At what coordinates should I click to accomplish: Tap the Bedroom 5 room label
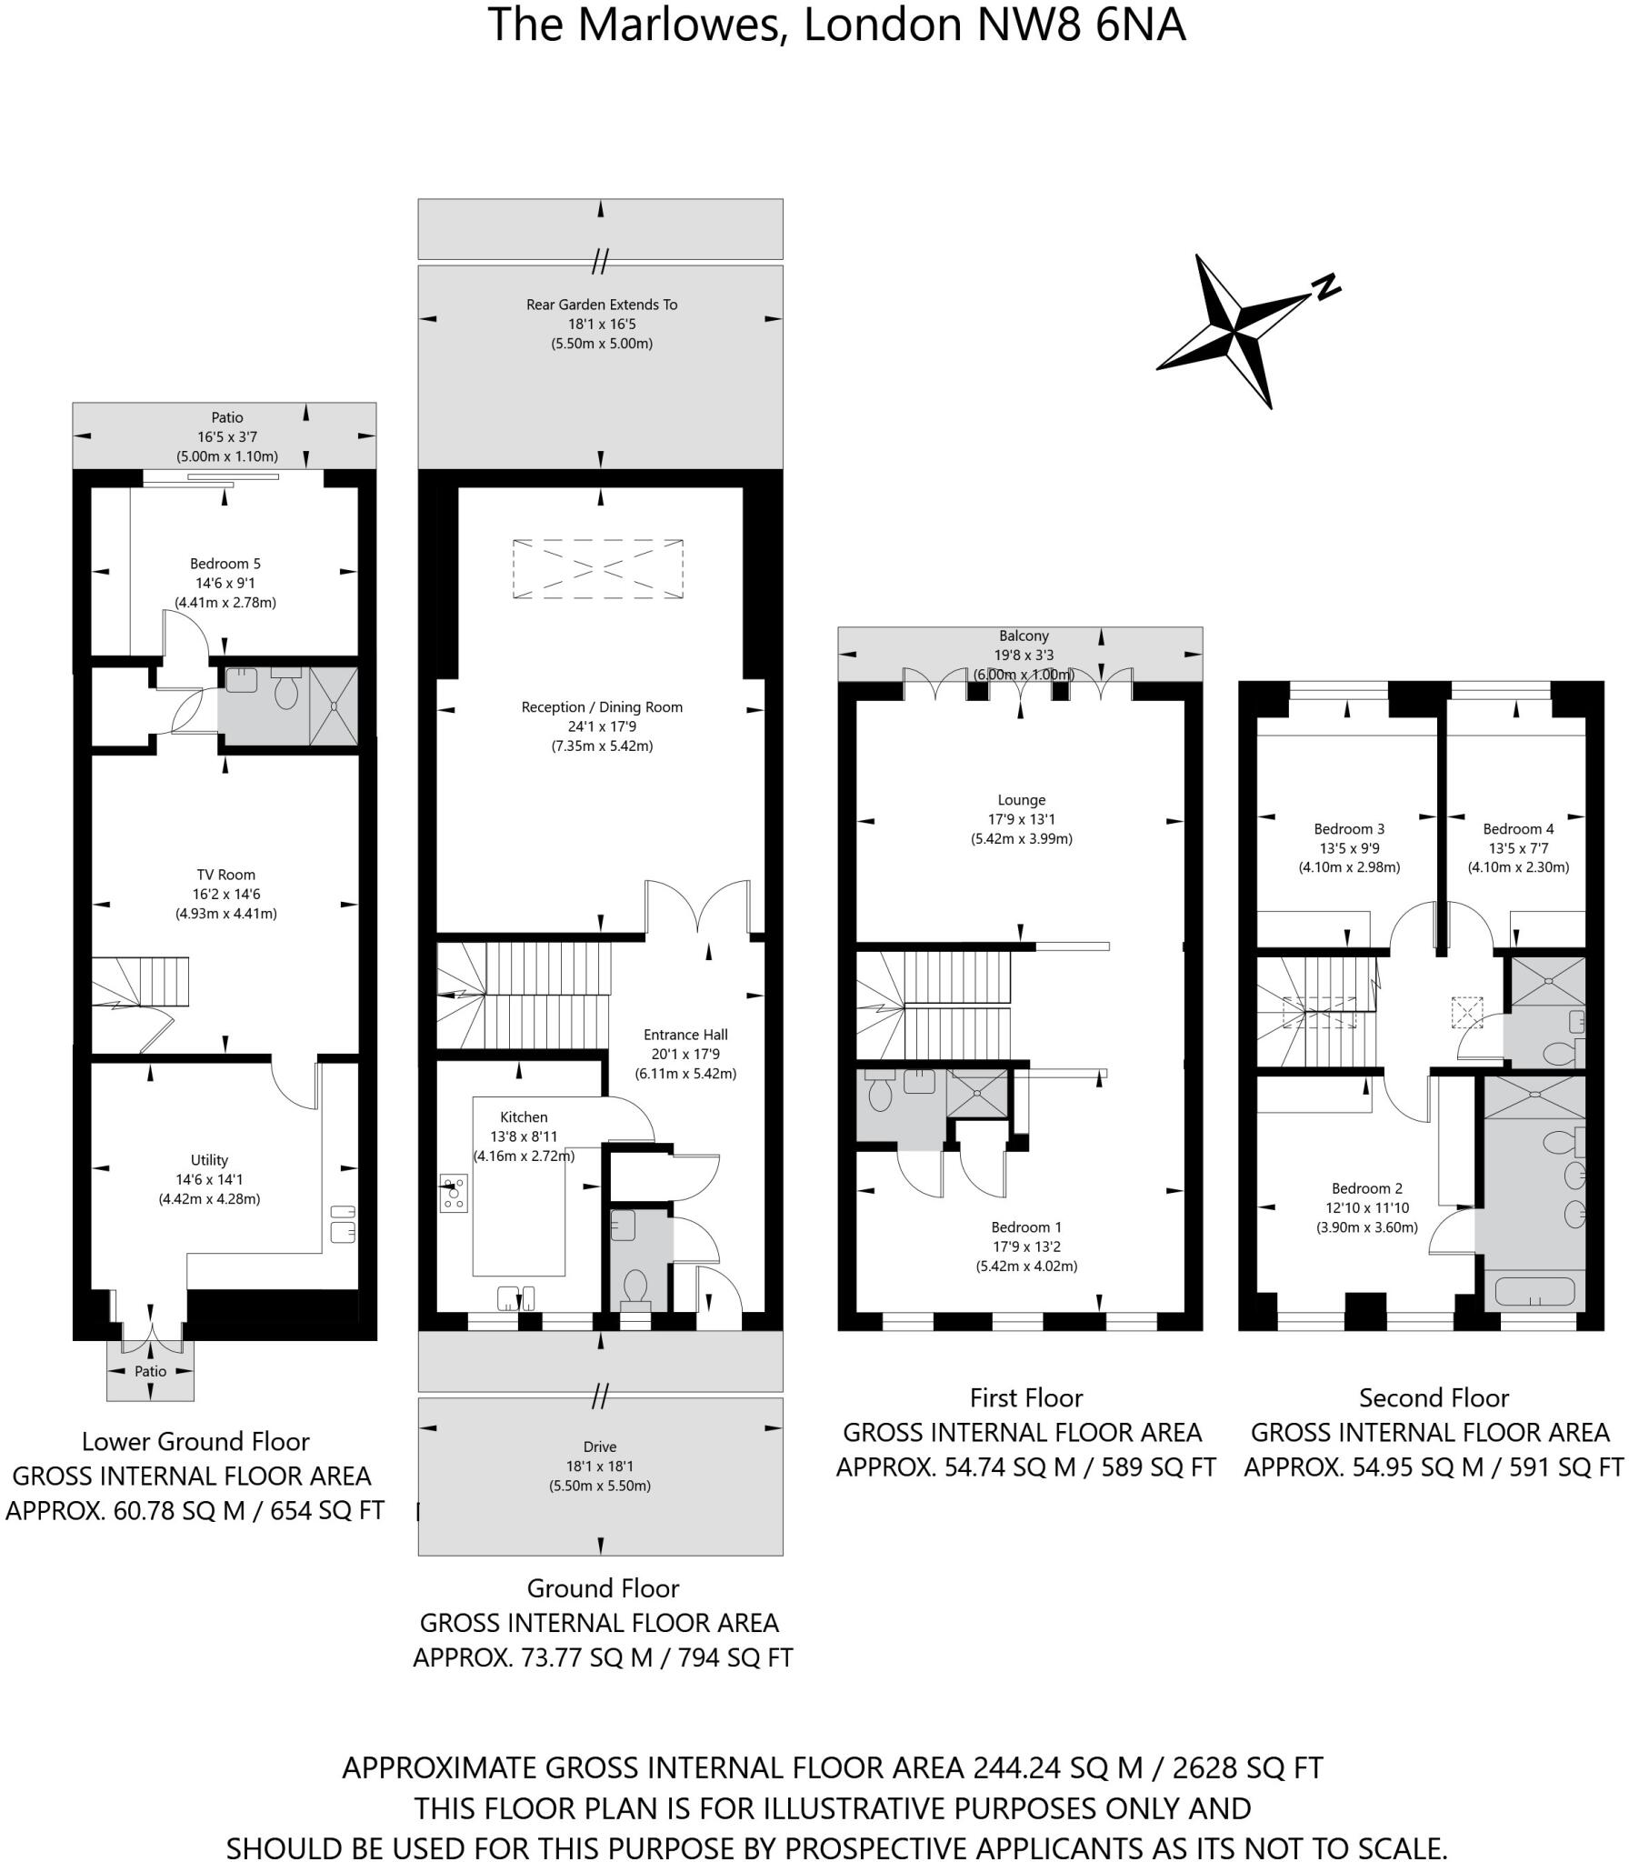(225, 564)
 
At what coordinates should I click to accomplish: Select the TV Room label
(224, 875)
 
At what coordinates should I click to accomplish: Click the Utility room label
(209, 1160)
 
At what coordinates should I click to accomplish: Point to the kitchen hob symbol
(454, 1194)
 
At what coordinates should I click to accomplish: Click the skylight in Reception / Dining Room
(597, 569)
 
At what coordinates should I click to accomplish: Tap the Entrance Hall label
(685, 1035)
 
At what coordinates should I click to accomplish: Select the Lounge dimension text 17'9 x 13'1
(1021, 819)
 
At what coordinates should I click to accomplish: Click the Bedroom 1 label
(1026, 1226)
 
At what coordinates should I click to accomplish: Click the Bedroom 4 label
(1518, 828)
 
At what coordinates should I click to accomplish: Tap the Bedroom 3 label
(1349, 828)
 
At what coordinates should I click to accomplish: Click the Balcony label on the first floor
(1024, 636)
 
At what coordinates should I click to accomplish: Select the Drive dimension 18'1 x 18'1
(600, 1466)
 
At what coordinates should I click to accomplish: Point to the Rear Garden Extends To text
(602, 305)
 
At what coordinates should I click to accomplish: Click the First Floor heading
(1026, 1397)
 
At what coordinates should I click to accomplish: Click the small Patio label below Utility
(151, 1371)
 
